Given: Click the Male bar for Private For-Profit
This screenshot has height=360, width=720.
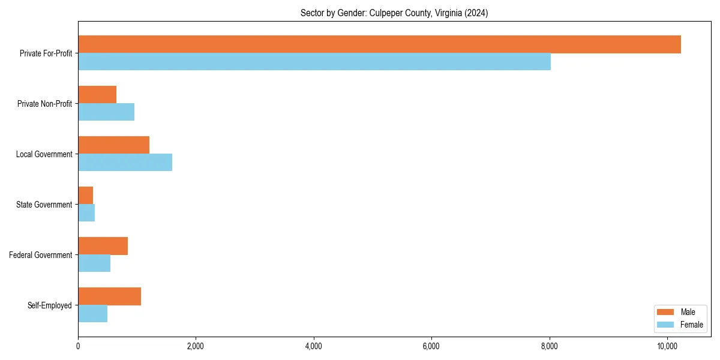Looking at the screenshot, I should pos(379,44).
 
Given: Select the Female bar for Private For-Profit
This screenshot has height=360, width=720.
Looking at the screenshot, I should pos(314,62).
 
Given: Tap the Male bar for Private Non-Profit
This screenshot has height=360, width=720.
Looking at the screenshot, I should pos(97,95).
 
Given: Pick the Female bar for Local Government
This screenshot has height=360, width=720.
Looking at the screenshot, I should pos(125,163).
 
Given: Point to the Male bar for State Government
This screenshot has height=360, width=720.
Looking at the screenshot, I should pos(85,196).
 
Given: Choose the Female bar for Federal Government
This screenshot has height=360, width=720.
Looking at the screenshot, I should pos(94,263).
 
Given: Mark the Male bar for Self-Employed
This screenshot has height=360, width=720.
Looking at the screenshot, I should pos(109,296).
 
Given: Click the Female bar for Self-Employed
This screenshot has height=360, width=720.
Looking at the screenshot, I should pos(92,314).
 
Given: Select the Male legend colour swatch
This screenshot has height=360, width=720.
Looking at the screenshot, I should pos(665,312).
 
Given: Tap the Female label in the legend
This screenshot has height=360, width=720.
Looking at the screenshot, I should pos(691,325).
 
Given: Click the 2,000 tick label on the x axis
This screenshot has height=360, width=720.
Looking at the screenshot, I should pos(196,346).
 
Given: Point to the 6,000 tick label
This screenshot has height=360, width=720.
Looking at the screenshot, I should pos(431,346).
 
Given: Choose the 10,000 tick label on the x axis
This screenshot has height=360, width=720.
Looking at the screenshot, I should pos(667,346).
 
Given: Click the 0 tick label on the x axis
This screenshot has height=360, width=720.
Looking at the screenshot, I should pos(78,346).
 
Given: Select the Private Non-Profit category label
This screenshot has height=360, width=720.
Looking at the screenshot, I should pos(44,104).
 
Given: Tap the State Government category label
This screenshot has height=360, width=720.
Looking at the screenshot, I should pos(44,205).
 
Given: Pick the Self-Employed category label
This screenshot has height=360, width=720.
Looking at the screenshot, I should pos(50,305).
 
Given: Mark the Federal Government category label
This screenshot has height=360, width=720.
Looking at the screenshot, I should pos(41,255).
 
